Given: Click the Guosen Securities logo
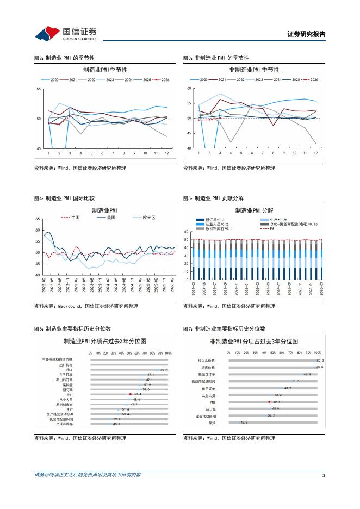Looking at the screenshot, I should tap(66, 34).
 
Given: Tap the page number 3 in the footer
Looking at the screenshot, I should tap(324, 475).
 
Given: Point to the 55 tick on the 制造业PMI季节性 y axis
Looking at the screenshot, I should tap(39, 89).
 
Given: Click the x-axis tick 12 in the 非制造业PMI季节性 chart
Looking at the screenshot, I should tap(315, 153).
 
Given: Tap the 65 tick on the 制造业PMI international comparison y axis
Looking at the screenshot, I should tap(38, 219).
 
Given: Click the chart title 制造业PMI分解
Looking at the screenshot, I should tap(255, 210).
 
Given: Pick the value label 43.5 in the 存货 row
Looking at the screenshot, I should tap(244, 422).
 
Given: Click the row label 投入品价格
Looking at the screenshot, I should tap(207, 361).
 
